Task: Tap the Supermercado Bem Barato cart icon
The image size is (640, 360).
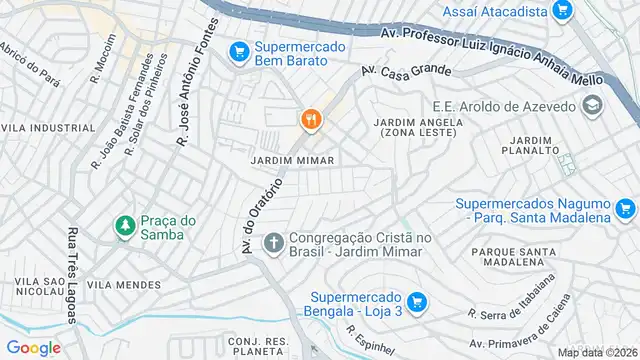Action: [x=238, y=50]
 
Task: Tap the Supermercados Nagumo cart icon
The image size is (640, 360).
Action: [x=626, y=209]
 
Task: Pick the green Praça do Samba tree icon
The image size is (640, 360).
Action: [x=125, y=227]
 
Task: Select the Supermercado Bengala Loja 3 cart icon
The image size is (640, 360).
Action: [x=418, y=300]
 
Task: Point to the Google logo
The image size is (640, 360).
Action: [x=33, y=347]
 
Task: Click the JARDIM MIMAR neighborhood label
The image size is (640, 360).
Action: [x=291, y=160]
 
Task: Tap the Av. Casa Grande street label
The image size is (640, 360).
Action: [x=406, y=71]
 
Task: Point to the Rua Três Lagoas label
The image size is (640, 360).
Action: [x=72, y=276]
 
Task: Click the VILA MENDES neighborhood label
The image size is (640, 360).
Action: [x=123, y=285]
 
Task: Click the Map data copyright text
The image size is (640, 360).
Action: [x=596, y=352]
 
